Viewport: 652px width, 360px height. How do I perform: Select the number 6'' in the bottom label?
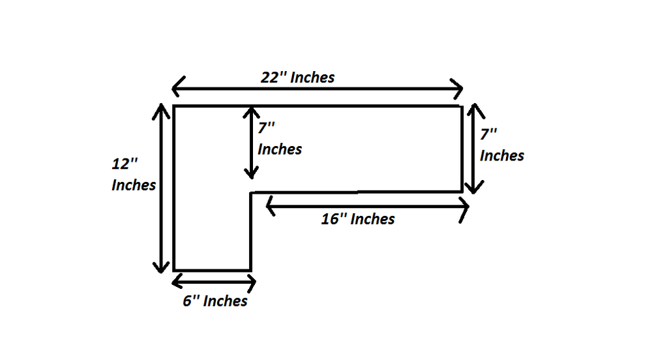point(191,301)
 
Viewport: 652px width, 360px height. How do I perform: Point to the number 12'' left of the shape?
point(125,164)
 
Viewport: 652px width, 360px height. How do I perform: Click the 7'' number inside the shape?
point(266,128)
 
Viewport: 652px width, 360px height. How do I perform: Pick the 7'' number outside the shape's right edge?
point(488,134)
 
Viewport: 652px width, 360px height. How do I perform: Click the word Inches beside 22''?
point(312,78)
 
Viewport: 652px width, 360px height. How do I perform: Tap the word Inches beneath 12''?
point(134,185)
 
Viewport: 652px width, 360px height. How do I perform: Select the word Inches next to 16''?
point(372,219)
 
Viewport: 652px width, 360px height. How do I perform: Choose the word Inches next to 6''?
point(226,301)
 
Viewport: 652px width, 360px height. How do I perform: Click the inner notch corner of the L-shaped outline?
point(251,192)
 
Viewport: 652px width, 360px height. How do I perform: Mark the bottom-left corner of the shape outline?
point(174,270)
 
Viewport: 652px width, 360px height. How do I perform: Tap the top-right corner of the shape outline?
point(462,106)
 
